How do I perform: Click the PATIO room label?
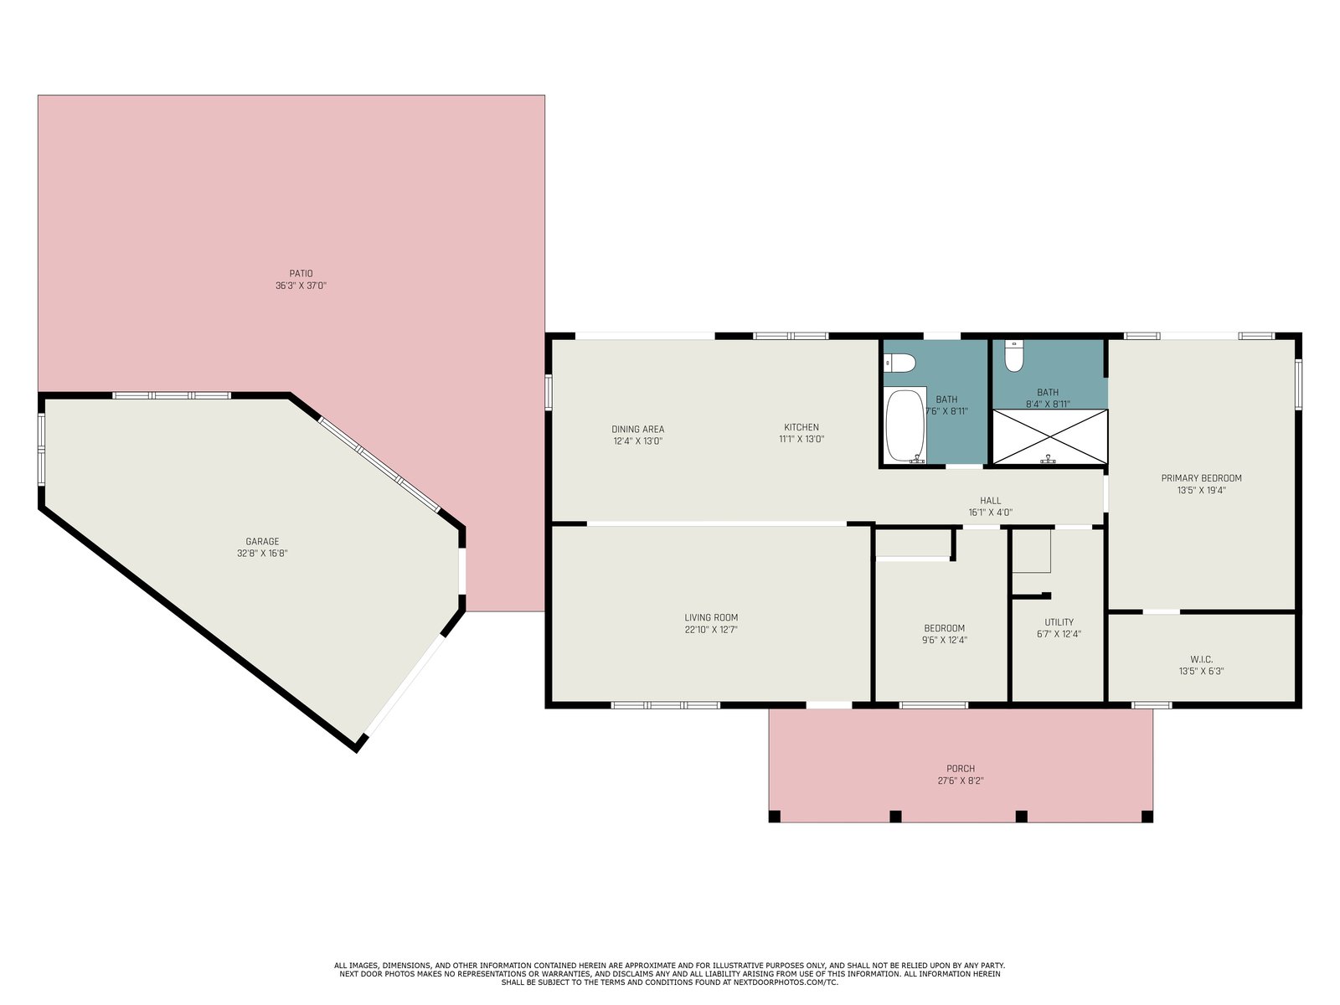(x=301, y=273)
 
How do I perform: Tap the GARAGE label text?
(x=262, y=541)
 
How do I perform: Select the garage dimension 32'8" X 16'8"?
(x=262, y=554)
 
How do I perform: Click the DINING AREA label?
(x=638, y=429)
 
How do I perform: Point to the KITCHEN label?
(x=801, y=427)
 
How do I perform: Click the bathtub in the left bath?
(x=906, y=425)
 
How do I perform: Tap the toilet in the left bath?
(x=899, y=363)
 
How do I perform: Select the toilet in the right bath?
(x=1014, y=357)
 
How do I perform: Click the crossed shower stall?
(x=1050, y=437)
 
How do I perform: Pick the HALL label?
(x=990, y=500)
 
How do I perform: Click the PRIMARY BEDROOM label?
(x=1202, y=477)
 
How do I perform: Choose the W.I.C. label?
(x=1202, y=659)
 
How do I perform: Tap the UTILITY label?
(x=1059, y=621)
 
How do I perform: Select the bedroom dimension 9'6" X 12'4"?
(x=945, y=640)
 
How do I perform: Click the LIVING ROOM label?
(x=711, y=617)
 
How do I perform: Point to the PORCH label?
(x=961, y=768)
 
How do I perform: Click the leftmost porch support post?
(x=775, y=817)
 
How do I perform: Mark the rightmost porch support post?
(x=1147, y=817)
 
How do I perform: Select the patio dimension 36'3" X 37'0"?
(x=301, y=286)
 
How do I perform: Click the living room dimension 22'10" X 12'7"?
(x=711, y=630)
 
